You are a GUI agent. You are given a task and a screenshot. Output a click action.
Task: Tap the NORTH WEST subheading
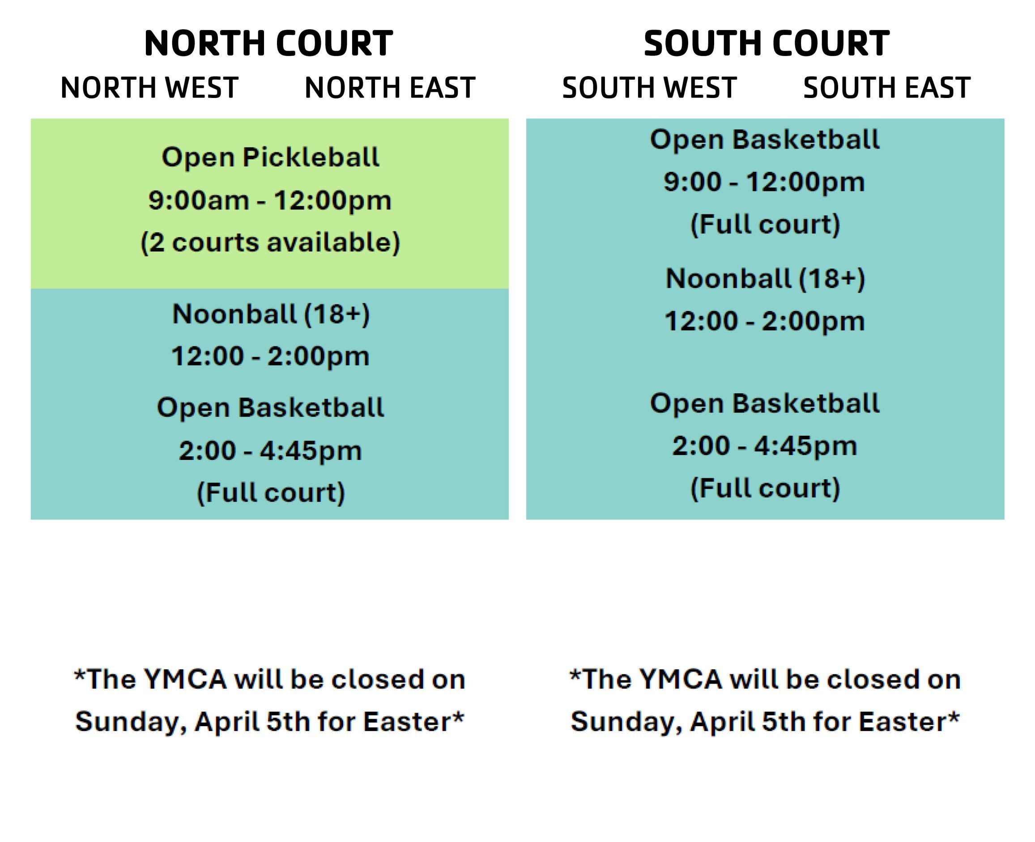click(149, 88)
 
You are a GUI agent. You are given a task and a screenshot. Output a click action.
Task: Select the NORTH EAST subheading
click(390, 88)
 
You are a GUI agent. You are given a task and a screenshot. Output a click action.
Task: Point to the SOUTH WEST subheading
click(649, 88)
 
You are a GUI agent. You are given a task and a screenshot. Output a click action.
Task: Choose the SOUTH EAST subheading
click(887, 88)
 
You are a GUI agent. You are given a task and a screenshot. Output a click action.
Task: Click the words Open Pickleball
click(271, 157)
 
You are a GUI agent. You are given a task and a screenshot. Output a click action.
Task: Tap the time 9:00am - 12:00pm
click(270, 200)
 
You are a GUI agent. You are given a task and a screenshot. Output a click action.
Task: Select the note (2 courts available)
click(270, 242)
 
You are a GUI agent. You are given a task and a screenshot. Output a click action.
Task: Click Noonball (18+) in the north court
click(271, 314)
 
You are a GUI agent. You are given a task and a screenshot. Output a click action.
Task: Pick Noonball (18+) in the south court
click(765, 279)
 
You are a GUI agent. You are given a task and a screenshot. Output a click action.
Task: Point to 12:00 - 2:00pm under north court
click(270, 357)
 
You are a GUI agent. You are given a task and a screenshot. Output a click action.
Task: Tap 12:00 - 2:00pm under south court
click(765, 321)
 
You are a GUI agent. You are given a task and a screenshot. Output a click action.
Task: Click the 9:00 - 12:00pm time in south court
click(764, 183)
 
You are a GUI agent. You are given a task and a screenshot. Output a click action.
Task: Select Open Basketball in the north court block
click(271, 407)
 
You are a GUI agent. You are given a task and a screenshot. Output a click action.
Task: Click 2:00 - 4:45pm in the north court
click(270, 451)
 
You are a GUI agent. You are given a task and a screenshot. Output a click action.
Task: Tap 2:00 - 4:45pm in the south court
click(765, 446)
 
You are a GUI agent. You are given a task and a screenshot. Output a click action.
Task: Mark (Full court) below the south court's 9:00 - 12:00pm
click(765, 225)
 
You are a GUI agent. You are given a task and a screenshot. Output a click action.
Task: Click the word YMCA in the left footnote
click(185, 679)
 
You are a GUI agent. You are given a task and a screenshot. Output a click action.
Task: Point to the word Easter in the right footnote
click(903, 721)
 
